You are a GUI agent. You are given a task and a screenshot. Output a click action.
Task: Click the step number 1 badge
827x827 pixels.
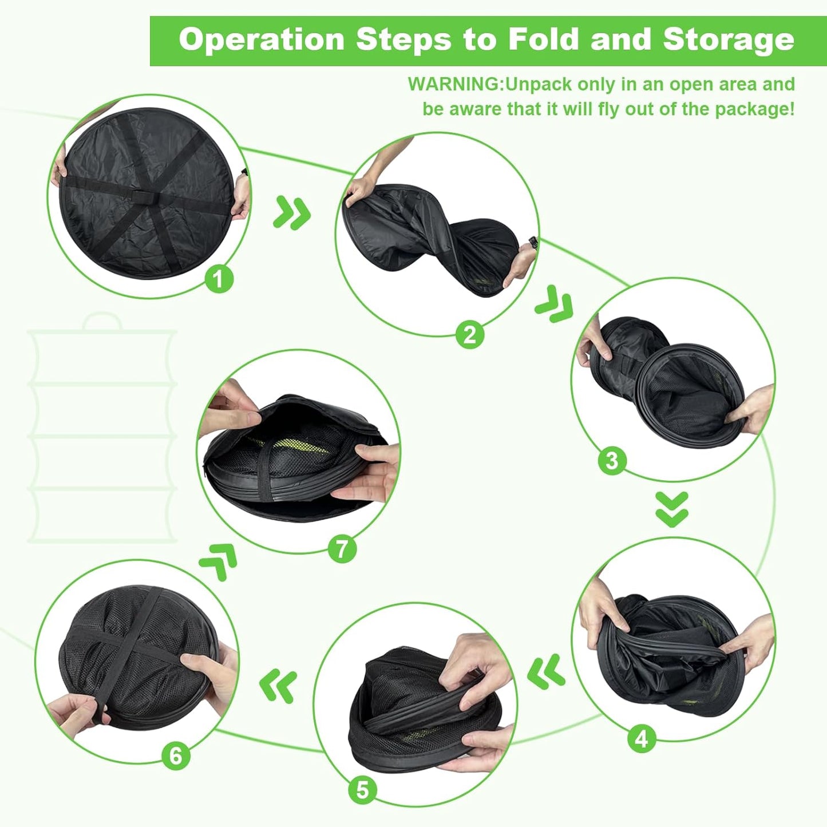pyautogui.click(x=219, y=279)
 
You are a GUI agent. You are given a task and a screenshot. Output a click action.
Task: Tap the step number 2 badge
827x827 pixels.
pyautogui.click(x=469, y=334)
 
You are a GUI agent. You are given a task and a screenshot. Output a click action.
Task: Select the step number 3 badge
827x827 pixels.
pyautogui.click(x=611, y=460)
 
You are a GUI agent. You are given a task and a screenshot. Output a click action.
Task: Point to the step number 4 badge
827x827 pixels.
pyautogui.click(x=641, y=738)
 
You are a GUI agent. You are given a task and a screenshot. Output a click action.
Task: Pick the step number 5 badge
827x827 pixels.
pyautogui.click(x=362, y=790)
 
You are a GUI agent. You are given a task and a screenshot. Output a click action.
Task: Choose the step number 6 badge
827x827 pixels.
pyautogui.click(x=176, y=755)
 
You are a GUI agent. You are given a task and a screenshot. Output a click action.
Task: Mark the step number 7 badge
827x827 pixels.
pyautogui.click(x=342, y=549)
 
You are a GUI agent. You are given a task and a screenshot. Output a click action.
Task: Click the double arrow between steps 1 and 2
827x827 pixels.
pyautogui.click(x=292, y=212)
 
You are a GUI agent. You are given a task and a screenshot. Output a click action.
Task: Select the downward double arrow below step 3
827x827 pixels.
pyautogui.click(x=672, y=509)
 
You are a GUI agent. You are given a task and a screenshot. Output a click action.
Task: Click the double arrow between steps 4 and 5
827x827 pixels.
pyautogui.click(x=546, y=671)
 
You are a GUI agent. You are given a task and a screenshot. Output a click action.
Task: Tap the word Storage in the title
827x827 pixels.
pyautogui.click(x=728, y=40)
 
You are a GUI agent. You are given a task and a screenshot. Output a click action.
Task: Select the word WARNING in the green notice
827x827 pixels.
pyautogui.click(x=454, y=84)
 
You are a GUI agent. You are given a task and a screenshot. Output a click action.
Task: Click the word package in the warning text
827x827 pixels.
pyautogui.click(x=753, y=109)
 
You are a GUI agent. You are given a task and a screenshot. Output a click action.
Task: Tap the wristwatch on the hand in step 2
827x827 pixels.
pyautogui.click(x=533, y=242)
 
